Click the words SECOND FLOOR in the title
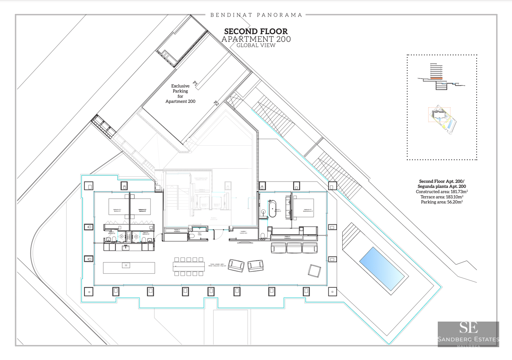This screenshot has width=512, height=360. coord(256,32)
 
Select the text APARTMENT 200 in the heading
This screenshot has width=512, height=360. coord(256,39)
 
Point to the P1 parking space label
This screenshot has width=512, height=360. coord(195,84)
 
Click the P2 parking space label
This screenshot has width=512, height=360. coord(216,104)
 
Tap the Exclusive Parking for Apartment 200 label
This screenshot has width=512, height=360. coord(180,94)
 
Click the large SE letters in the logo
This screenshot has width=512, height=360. coord(468,328)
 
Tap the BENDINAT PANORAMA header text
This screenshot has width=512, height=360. coord(256,15)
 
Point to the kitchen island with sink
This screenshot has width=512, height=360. coord(129,267)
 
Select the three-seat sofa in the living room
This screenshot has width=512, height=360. coord(294,248)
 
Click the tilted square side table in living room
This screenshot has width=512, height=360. coord(315,270)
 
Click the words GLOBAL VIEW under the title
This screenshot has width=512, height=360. coord(256,45)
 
